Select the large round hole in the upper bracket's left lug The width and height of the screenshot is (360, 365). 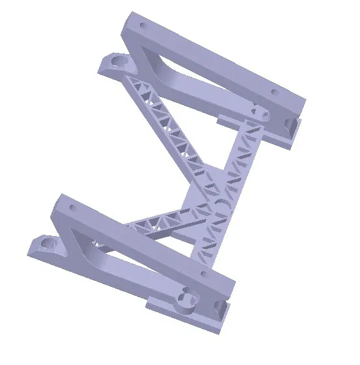point(118,61)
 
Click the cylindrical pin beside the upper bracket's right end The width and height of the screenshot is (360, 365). point(260,114)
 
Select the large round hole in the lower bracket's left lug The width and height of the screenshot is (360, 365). point(48,244)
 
